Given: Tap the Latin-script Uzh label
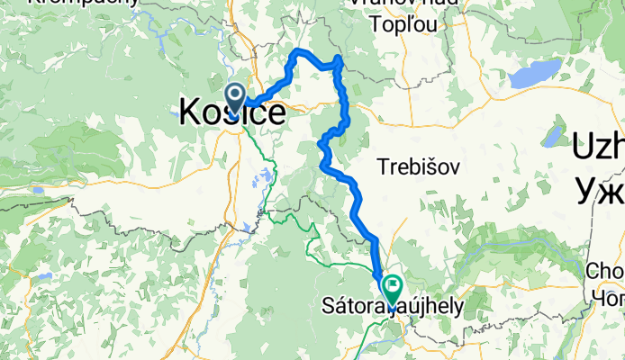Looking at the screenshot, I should (598, 145).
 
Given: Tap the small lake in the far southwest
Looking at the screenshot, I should (42, 277).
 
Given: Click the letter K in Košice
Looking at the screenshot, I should (190, 112).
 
